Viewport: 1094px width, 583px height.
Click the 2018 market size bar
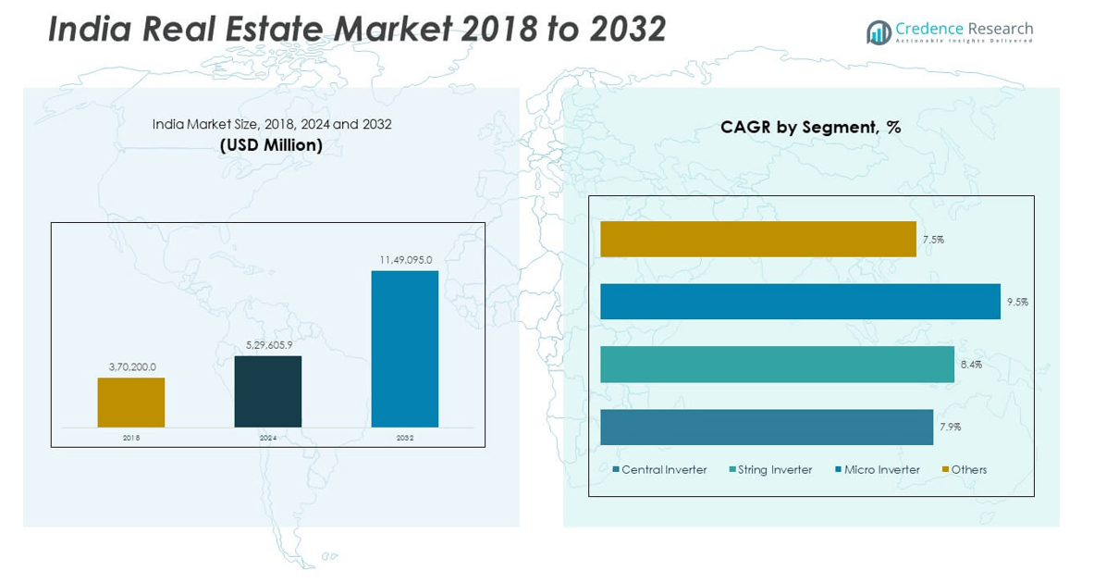click(x=131, y=403)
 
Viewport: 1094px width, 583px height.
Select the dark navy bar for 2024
click(x=268, y=391)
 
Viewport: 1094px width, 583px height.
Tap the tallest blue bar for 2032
click(x=405, y=349)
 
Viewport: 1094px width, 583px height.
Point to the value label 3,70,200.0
click(x=132, y=367)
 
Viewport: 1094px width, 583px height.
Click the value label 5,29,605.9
click(x=268, y=345)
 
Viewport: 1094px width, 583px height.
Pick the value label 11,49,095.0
click(x=405, y=260)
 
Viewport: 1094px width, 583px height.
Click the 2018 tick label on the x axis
click(x=131, y=438)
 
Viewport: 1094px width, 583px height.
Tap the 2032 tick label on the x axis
click(x=405, y=438)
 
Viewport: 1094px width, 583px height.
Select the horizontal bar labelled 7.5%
click(x=757, y=239)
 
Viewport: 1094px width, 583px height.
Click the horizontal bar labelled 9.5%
click(x=800, y=302)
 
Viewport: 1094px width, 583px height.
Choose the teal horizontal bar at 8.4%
click(x=777, y=364)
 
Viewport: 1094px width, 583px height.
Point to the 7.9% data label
click(x=949, y=428)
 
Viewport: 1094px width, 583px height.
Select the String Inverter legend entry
click(x=770, y=470)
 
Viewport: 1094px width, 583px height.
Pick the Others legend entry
click(x=965, y=470)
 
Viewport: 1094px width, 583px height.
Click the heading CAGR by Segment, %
click(x=811, y=128)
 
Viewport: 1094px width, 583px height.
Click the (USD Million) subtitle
click(x=271, y=145)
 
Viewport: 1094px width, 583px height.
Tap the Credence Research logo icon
click(x=879, y=32)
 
